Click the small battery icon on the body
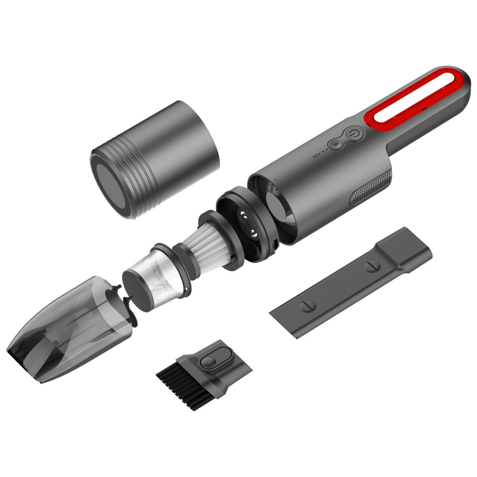point(316,155)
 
